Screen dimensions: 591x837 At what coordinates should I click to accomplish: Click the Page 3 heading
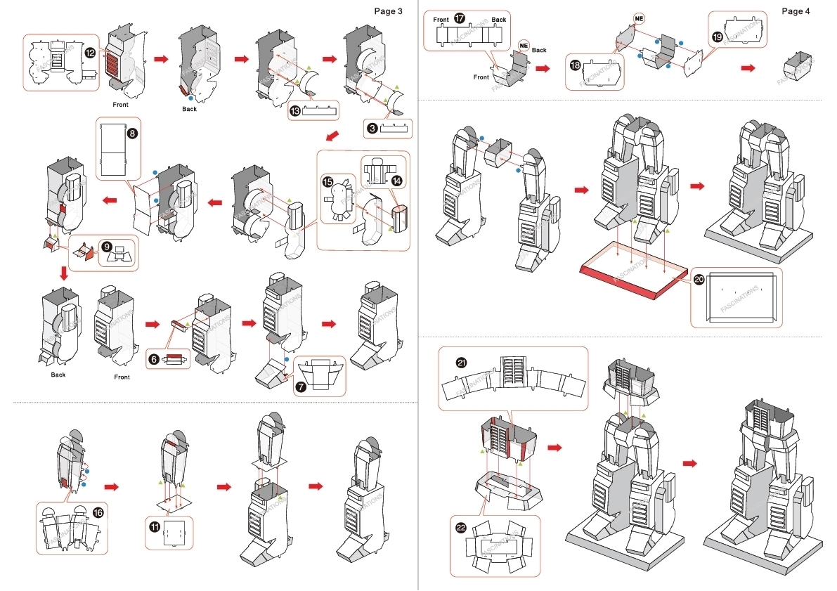pos(389,11)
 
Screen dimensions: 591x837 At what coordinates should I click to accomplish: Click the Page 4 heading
pos(796,11)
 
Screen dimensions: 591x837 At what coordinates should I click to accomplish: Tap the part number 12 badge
pos(90,53)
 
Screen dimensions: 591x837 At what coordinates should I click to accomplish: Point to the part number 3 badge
pos(372,128)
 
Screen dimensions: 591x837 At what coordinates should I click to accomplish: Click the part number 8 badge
pos(131,132)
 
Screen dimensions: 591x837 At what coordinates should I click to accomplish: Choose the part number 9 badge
pos(107,247)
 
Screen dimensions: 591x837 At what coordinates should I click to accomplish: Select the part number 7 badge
pos(301,387)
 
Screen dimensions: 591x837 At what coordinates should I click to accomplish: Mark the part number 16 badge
pos(98,513)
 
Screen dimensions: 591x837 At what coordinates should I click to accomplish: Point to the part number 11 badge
pos(155,525)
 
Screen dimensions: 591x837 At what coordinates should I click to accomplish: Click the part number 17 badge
pos(460,19)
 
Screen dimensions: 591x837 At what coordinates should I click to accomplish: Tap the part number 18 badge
pos(575,65)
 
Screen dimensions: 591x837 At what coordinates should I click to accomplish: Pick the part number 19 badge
pos(717,37)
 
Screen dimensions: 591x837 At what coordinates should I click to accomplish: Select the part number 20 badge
pos(698,279)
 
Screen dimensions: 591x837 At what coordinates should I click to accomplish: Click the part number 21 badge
pos(461,363)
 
